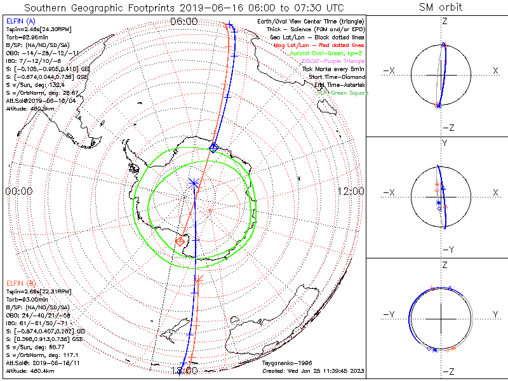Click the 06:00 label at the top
coord(184,21)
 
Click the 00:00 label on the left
coord(18,191)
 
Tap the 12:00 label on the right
coord(351,191)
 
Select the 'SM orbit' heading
coord(441,8)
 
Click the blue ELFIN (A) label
coord(19,22)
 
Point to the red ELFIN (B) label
coord(19,282)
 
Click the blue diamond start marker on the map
coord(214,147)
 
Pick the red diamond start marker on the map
coord(180,241)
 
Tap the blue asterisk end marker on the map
coord(194,184)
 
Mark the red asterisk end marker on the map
coord(199,279)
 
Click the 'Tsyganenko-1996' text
coord(284,363)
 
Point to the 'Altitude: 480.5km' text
coord(32,107)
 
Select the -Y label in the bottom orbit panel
coord(390,314)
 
